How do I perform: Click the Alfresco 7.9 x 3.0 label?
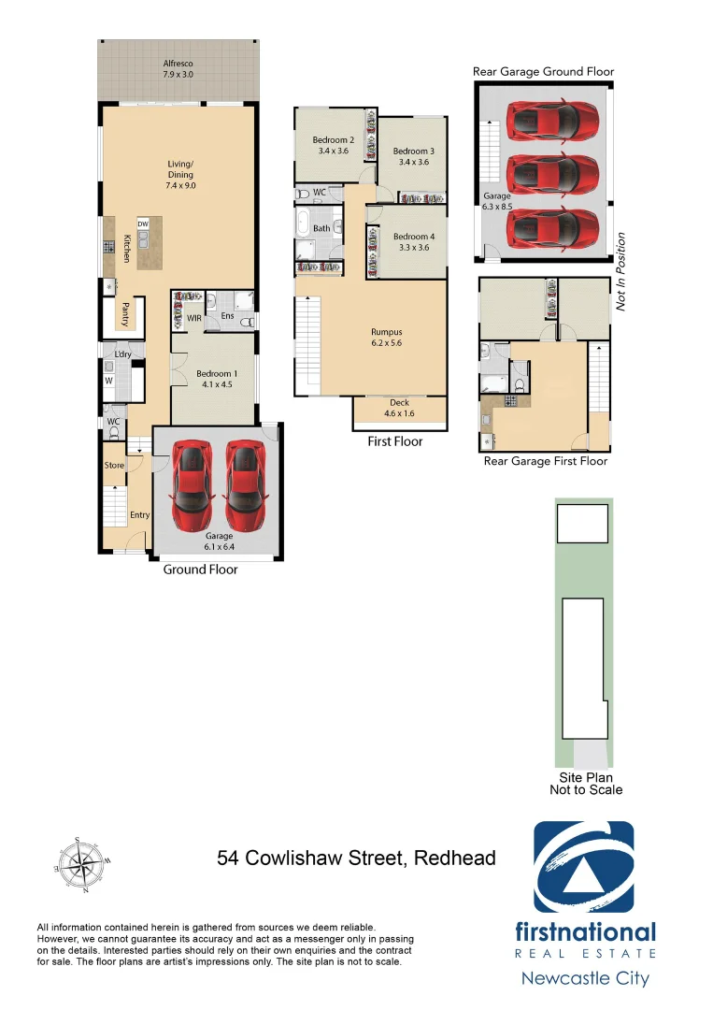[x=178, y=69]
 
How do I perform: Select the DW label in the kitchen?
[x=143, y=224]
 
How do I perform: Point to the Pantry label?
[x=124, y=313]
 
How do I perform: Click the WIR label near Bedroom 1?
[x=194, y=318]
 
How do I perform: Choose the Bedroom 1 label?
[x=213, y=379]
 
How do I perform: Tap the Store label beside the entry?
[x=114, y=465]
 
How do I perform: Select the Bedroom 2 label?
[x=334, y=145]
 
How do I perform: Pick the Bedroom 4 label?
[x=412, y=242]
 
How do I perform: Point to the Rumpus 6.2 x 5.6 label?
[x=386, y=338]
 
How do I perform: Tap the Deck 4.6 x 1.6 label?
[x=398, y=408]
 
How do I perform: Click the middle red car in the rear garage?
[x=551, y=173]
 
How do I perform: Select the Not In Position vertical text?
[x=620, y=271]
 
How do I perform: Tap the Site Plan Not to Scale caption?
[x=585, y=783]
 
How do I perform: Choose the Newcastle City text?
[x=585, y=978]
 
